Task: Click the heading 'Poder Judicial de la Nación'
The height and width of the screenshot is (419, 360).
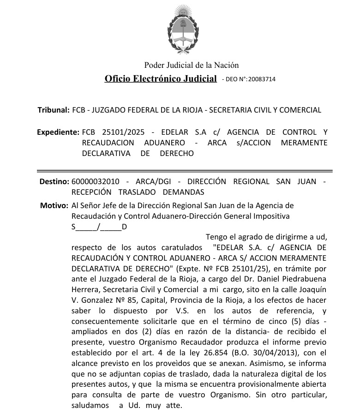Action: coord(192,65)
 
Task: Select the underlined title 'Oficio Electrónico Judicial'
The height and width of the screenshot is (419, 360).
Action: coord(161,79)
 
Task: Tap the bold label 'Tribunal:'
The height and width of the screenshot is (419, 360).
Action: coord(54,110)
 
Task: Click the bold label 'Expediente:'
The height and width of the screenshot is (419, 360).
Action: coord(58,132)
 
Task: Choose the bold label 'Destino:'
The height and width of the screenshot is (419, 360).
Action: coord(54,181)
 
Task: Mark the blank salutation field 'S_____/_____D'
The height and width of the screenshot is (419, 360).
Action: coord(99,227)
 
